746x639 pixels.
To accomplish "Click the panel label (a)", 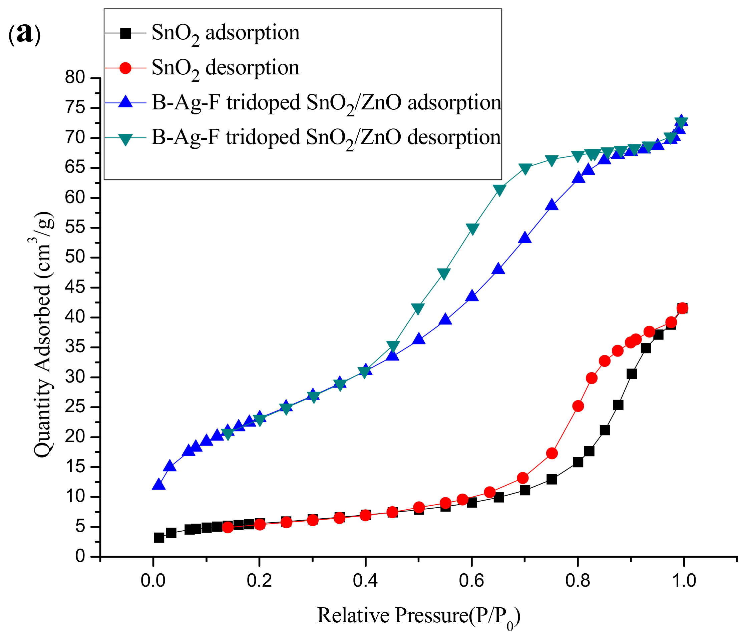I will (24, 34).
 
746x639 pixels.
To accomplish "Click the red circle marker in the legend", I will (125, 68).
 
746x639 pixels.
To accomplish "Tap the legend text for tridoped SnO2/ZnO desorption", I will (326, 138).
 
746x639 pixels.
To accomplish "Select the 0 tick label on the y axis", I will (80, 557).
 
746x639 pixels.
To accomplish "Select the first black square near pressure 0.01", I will (159, 538).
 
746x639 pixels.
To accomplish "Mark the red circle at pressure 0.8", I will (578, 406).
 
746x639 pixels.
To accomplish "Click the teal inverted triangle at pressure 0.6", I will (472, 229).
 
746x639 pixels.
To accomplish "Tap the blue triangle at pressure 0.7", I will (525, 238).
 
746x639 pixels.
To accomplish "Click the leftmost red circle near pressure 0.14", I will (228, 527).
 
